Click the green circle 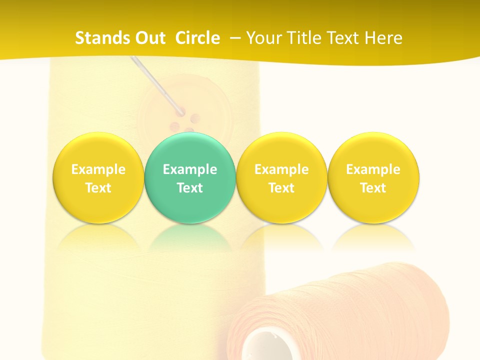click(x=190, y=177)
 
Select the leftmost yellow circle click(x=98, y=177)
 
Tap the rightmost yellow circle click(x=373, y=177)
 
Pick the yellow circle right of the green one click(x=281, y=177)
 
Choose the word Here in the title click(x=383, y=38)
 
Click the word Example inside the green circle click(x=190, y=169)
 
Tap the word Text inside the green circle click(x=190, y=188)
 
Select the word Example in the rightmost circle click(x=373, y=169)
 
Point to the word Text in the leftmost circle click(x=98, y=188)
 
